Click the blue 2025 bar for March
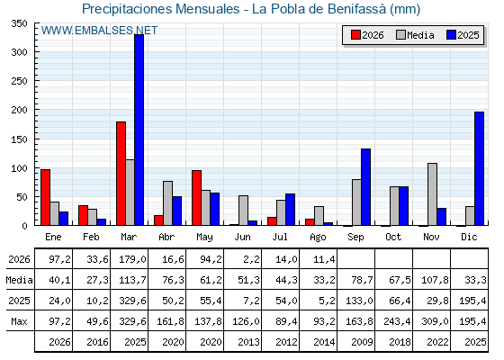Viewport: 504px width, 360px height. coord(139,130)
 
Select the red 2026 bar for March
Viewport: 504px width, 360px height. coord(121,174)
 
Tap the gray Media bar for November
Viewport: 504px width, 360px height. coord(432,194)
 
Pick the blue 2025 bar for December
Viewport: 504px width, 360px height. coord(479,168)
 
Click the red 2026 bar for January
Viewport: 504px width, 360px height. coord(45,197)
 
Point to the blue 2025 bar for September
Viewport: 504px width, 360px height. coord(365,187)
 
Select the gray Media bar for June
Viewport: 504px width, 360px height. coord(243,211)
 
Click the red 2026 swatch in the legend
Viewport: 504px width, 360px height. coord(355,35)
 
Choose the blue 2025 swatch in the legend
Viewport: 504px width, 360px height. coord(451,35)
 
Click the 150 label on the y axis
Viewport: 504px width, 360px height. coord(19,139)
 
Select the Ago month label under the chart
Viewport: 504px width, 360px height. coord(318,238)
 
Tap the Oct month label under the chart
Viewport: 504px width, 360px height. coord(393,237)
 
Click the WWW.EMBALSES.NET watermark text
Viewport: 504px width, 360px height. coord(99,31)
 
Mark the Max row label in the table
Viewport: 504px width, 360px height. coord(19,321)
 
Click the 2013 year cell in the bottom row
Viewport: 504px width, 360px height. coord(248,342)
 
